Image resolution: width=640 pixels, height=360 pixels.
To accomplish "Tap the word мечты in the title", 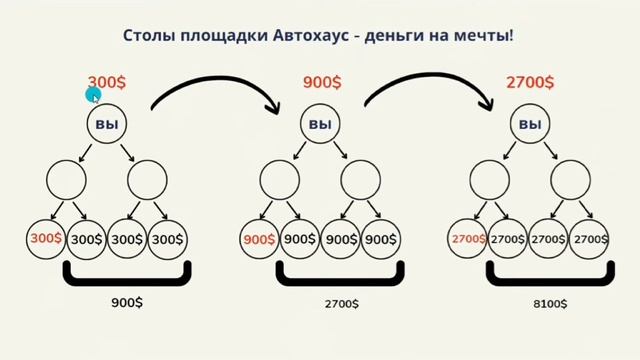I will click(x=484, y=36).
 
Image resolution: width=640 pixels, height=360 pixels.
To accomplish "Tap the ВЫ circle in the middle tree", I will click(x=320, y=126).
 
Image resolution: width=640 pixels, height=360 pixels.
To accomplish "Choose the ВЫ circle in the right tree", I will click(x=531, y=126).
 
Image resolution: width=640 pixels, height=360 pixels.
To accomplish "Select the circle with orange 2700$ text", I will click(x=468, y=240).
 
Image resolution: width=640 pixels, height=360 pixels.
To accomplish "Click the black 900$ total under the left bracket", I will click(x=126, y=299).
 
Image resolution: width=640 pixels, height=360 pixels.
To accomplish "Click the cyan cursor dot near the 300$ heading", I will click(x=93, y=96).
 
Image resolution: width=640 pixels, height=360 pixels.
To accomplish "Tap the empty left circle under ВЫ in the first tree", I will click(x=66, y=180).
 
